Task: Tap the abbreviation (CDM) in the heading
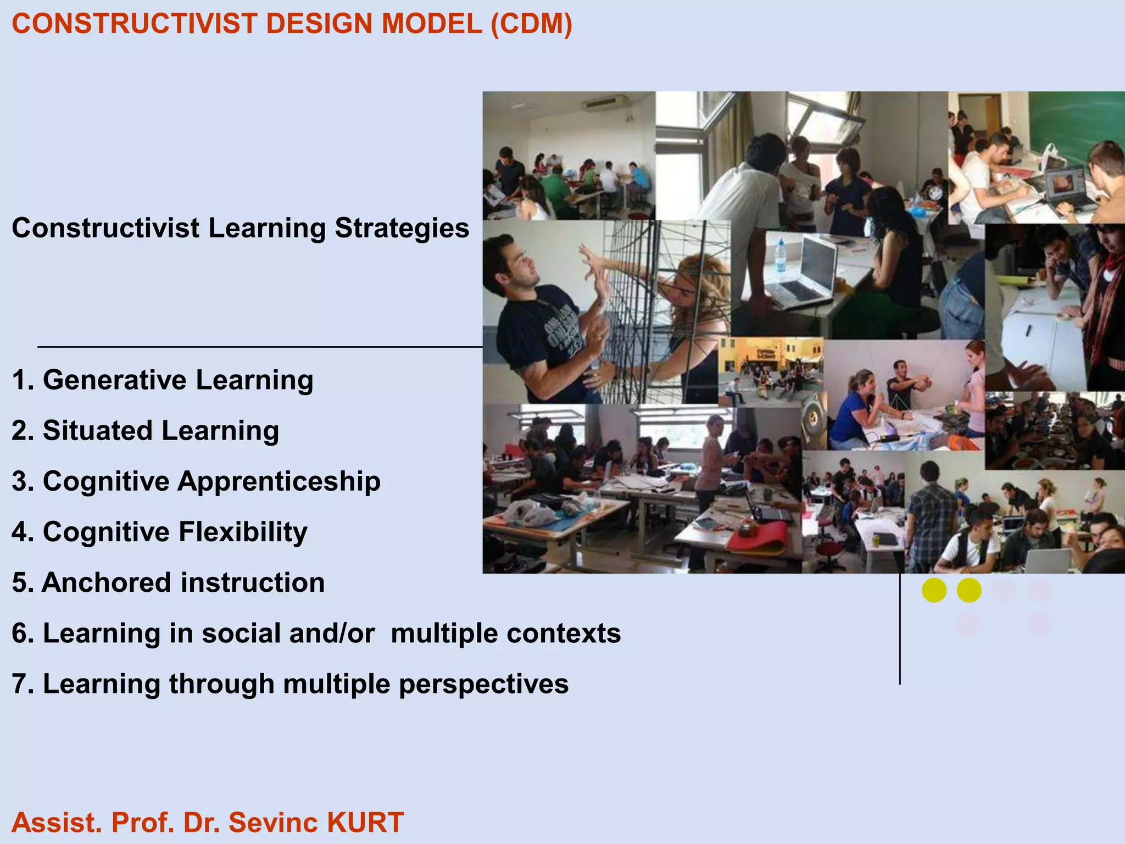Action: (x=531, y=24)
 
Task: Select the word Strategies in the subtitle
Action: (x=402, y=228)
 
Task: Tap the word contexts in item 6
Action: (x=564, y=633)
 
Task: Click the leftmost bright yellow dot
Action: (x=934, y=591)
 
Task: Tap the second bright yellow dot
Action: (x=969, y=591)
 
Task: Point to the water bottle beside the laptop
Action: (x=781, y=256)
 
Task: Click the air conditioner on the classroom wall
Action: (x=605, y=102)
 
